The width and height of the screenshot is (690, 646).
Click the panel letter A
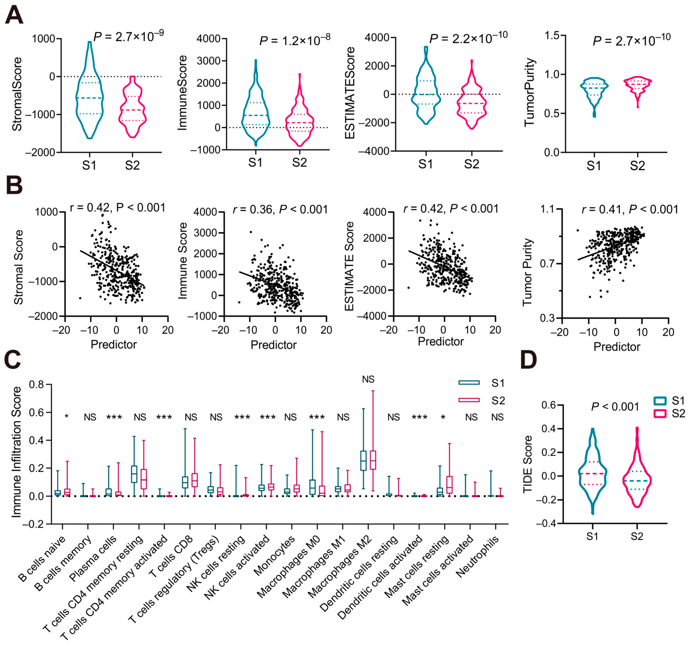[14, 16]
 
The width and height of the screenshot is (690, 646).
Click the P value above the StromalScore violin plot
[129, 36]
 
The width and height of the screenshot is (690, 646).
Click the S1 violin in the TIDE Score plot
[592, 474]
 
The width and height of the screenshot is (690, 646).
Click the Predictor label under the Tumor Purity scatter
[617, 347]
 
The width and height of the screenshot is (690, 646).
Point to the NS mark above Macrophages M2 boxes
[368, 379]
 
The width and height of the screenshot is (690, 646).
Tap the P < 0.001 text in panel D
[615, 407]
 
